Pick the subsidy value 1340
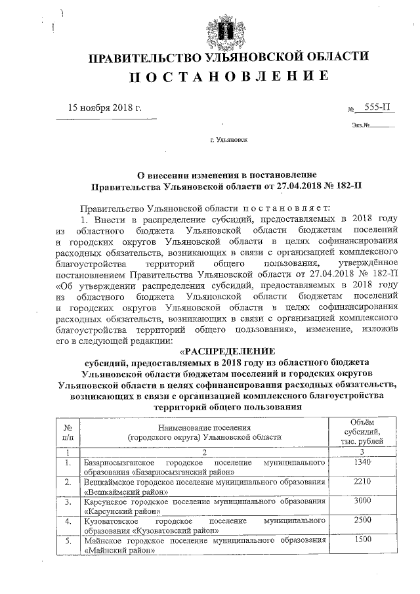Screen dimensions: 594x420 pos(362,463)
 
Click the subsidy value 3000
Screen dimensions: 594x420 pos(362,501)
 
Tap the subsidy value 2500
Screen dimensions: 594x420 pos(362,520)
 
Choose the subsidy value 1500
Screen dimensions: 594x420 pos(362,540)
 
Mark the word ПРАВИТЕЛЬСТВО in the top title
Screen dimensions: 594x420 pos(144,58)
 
